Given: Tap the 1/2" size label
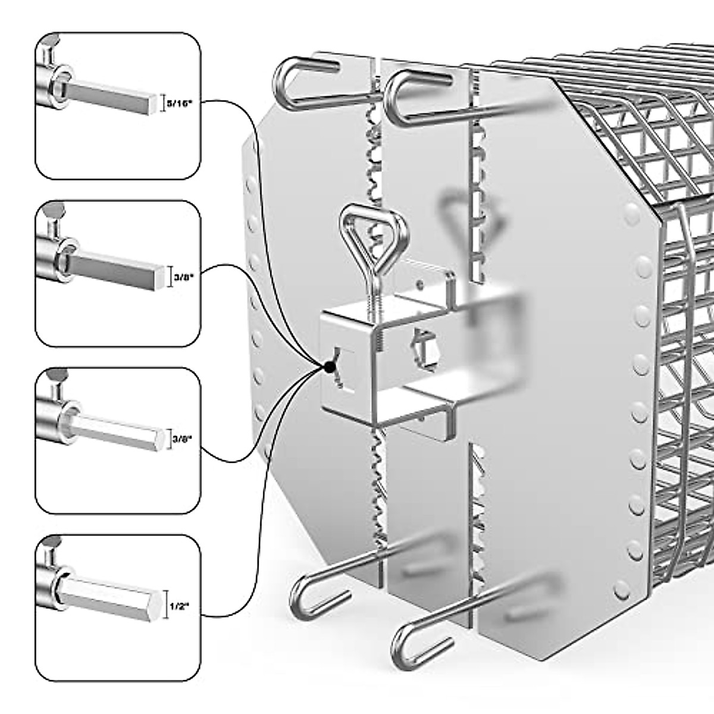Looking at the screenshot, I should point(179,606).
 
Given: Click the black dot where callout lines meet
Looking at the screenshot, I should point(327,367).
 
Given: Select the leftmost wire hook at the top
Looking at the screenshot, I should point(297,83).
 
